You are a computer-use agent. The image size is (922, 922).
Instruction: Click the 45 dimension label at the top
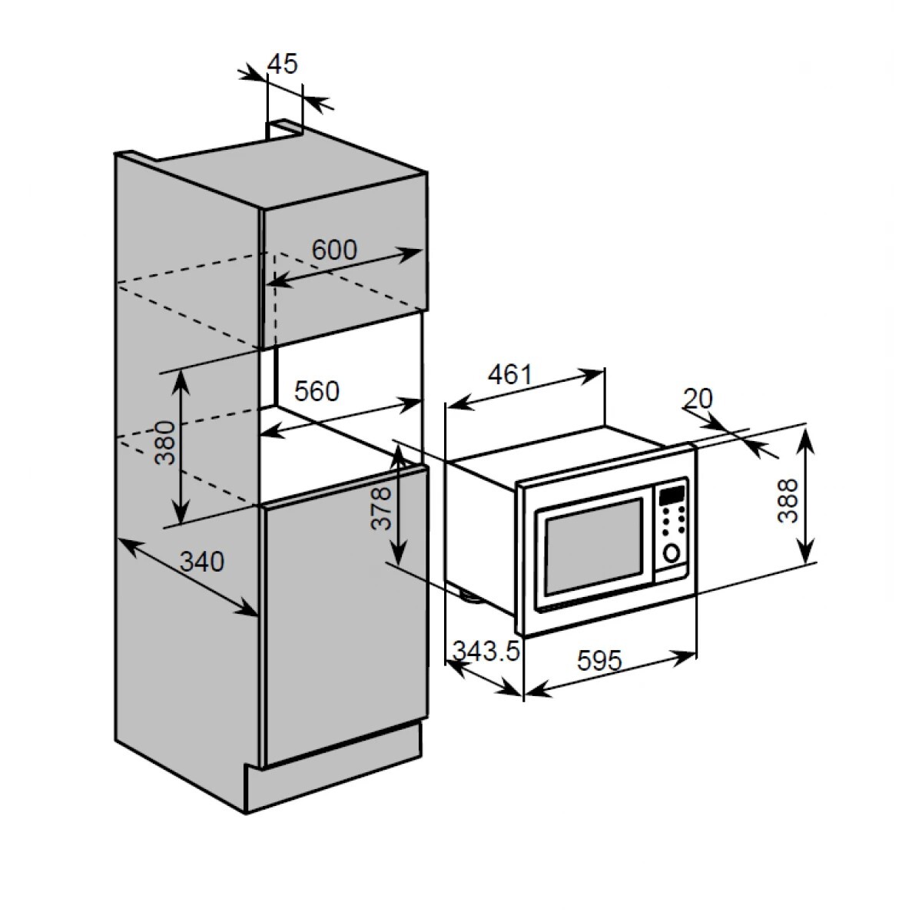pos(282,64)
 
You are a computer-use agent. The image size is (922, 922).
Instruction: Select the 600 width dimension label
pos(334,249)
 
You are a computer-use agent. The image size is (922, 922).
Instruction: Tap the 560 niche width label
pos(317,391)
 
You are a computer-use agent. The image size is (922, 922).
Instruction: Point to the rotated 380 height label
pos(165,443)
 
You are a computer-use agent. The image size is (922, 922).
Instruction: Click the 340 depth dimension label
pos(202,561)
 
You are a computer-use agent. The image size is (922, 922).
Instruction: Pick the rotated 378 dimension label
pos(381,509)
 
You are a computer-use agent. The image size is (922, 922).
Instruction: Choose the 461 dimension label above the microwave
pos(509,374)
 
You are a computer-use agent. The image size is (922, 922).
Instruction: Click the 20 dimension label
pos(698,398)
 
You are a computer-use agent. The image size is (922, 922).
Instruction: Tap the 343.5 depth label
pos(486,651)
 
